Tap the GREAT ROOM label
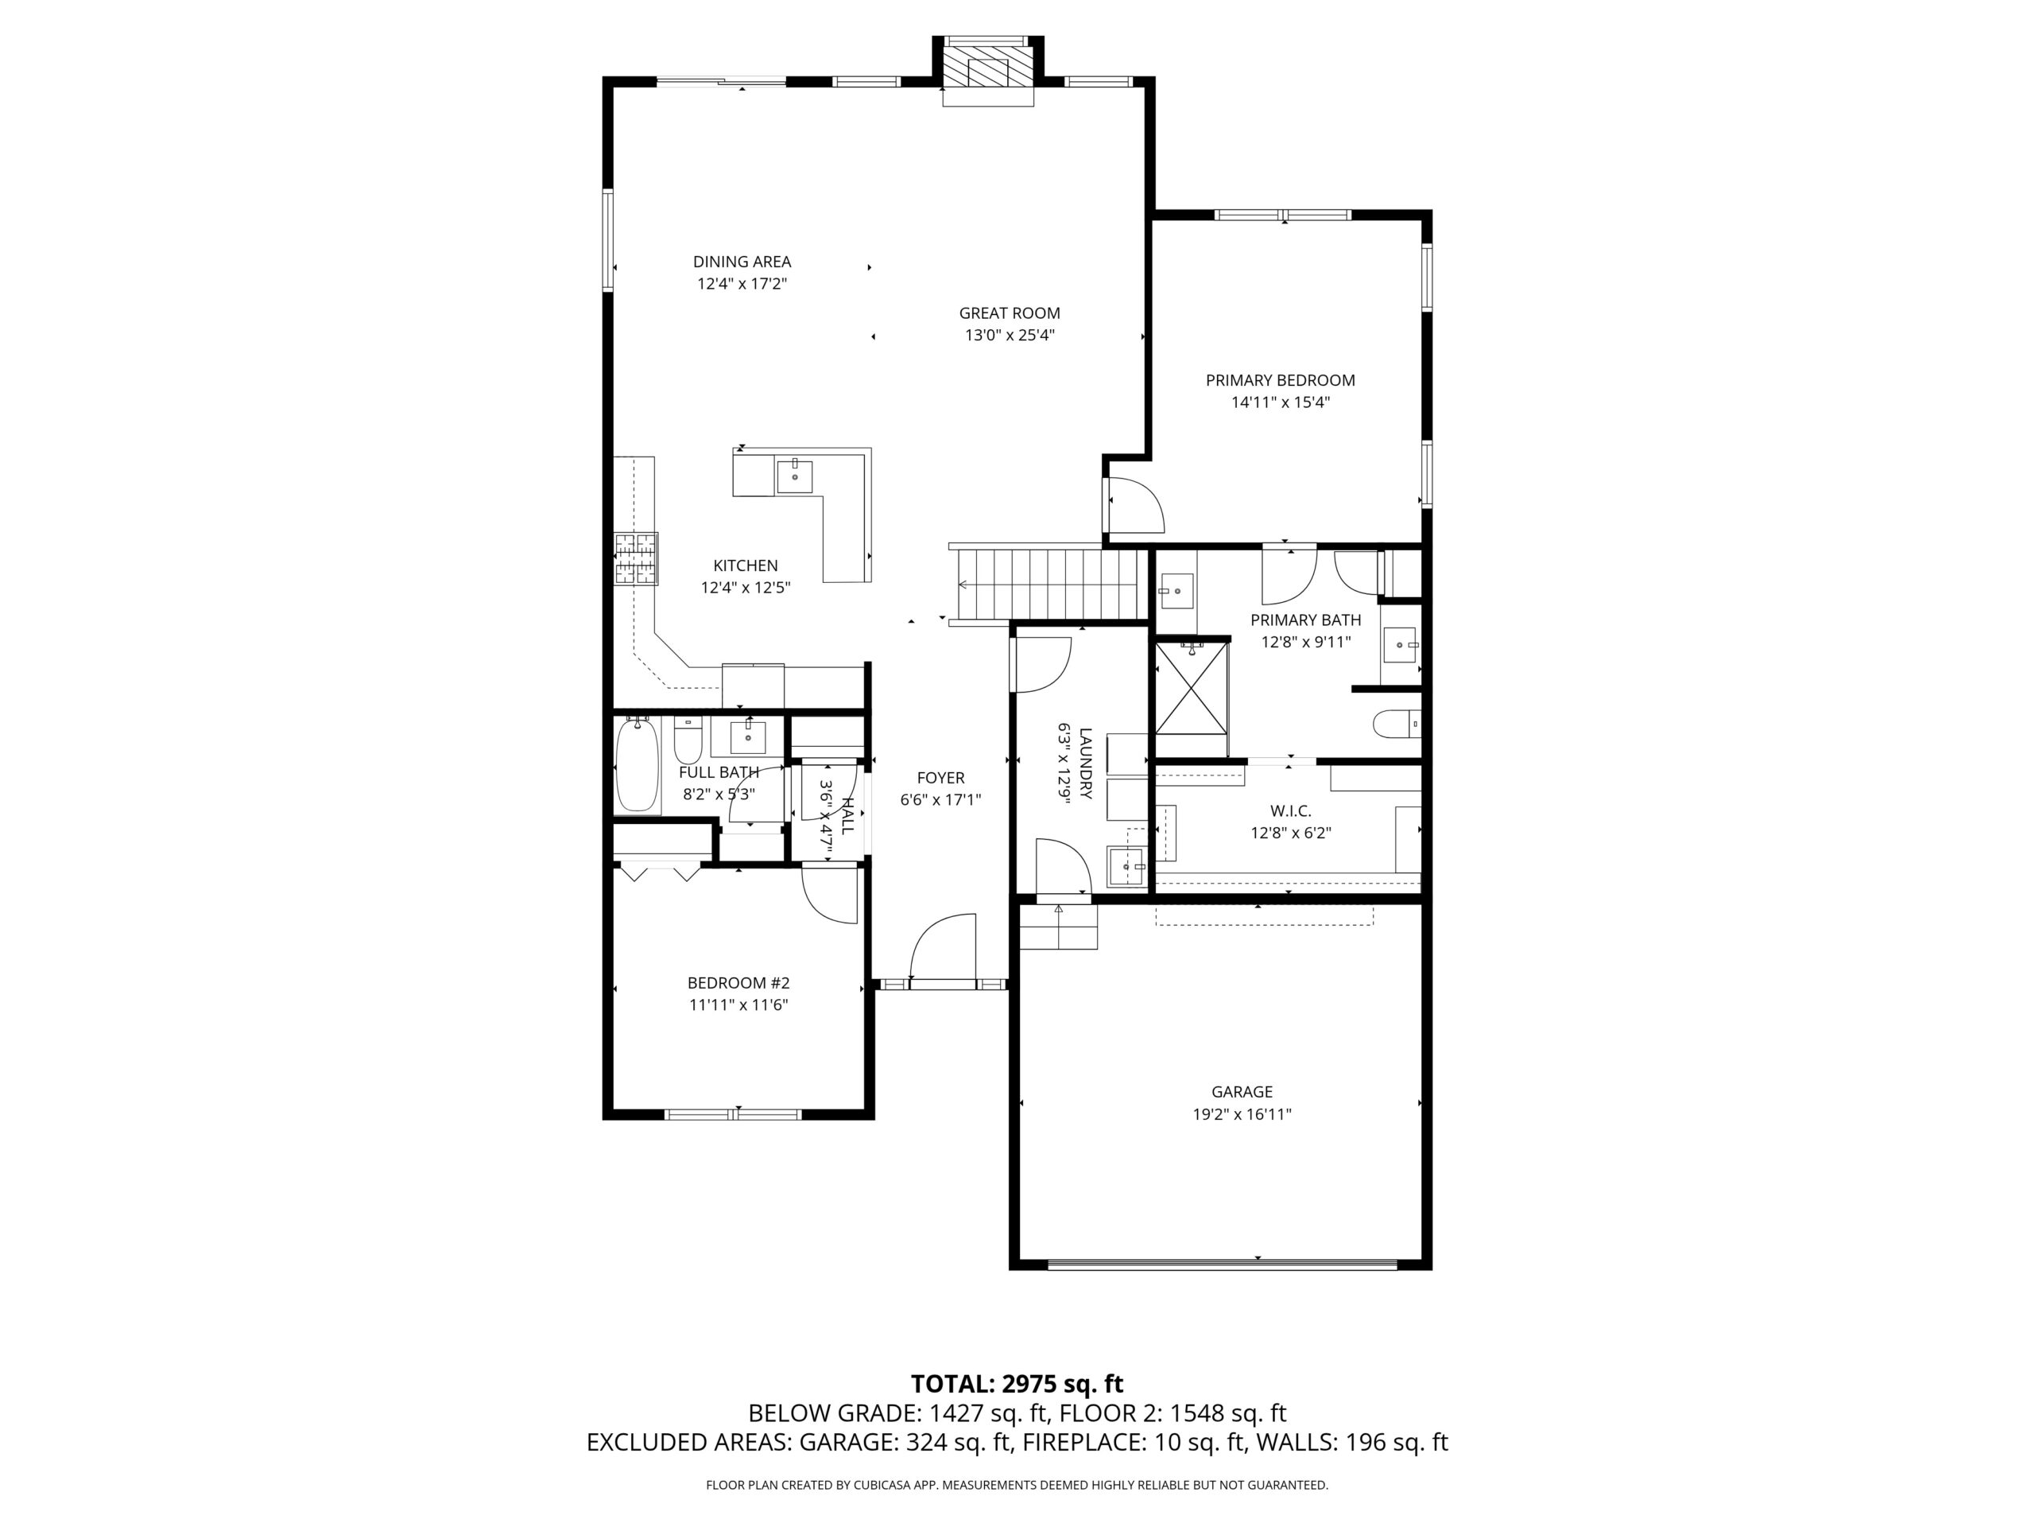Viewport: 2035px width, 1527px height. pos(1010,313)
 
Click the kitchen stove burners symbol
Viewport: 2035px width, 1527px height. pos(637,560)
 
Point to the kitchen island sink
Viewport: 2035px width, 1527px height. pos(795,476)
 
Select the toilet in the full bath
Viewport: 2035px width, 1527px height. pos(688,736)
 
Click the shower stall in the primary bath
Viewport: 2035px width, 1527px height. pos(1192,688)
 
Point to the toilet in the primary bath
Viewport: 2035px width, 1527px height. pos(1397,725)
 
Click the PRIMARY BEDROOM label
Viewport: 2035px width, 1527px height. pos(1281,380)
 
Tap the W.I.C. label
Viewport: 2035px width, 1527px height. pos(1291,811)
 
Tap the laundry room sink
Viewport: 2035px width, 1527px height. pos(1127,866)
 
